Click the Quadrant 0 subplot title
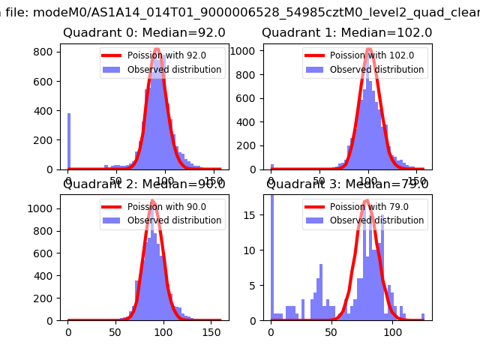(x=144, y=32)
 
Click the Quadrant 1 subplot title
(x=346, y=32)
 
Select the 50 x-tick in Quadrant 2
(x=116, y=331)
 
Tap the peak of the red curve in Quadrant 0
(x=156, y=49)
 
